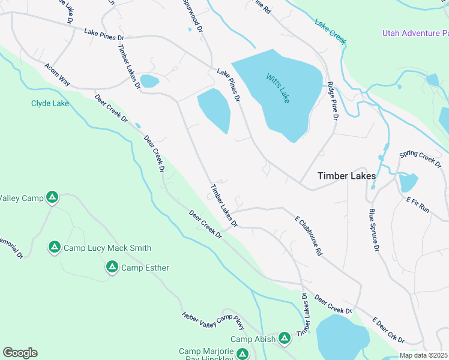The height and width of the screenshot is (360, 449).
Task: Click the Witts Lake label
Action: click(x=278, y=88)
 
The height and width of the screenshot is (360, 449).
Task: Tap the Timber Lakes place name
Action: click(x=346, y=176)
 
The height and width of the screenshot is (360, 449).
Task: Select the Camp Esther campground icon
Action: click(x=112, y=267)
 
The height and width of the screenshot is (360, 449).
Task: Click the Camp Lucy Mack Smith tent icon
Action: click(x=54, y=247)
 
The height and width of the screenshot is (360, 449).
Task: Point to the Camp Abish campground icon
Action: click(x=285, y=339)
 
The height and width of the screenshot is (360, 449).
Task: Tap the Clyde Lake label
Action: click(x=50, y=103)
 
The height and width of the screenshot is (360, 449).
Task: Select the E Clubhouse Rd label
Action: click(x=308, y=236)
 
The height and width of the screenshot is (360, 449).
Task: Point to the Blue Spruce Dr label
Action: click(x=374, y=230)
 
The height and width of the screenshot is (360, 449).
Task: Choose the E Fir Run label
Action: click(x=418, y=205)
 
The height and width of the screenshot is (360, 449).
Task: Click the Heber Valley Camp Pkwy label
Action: click(x=214, y=322)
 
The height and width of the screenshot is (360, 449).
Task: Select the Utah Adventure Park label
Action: click(x=415, y=32)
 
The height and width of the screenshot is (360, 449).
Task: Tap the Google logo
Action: click(x=20, y=353)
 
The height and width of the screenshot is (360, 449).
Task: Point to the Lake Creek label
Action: click(x=331, y=31)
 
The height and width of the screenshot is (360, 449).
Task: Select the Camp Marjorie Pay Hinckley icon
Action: click(x=242, y=354)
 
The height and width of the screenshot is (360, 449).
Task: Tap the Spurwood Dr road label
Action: click(x=193, y=16)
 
